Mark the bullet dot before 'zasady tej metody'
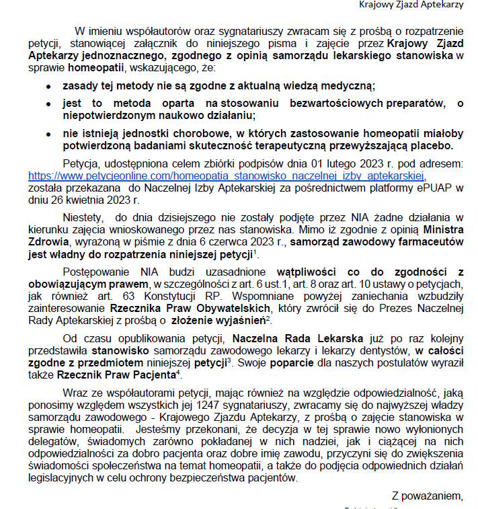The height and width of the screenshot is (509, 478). point(48,87)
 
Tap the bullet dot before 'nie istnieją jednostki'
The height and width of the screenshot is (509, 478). point(48,133)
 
